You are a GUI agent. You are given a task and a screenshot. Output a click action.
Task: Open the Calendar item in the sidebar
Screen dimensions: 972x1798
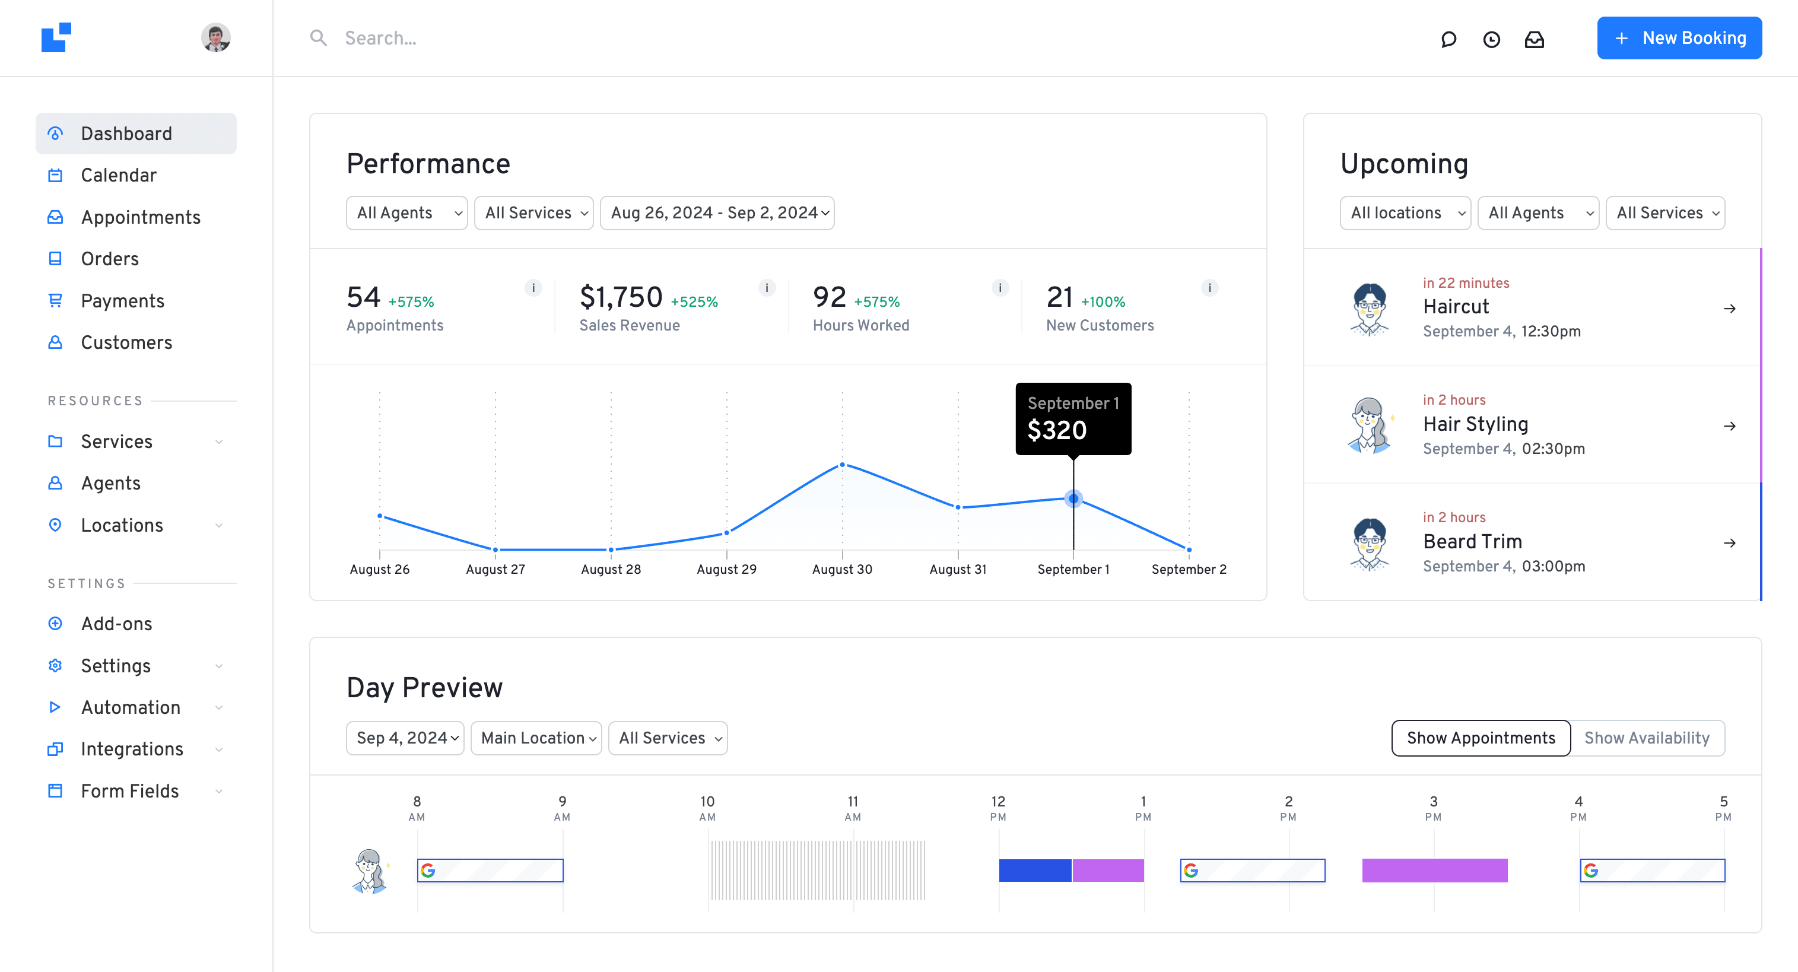click(x=119, y=175)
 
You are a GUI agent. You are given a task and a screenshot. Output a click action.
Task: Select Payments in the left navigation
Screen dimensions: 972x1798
click(x=122, y=301)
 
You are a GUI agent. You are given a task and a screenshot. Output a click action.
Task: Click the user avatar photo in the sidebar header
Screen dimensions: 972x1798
click(x=215, y=37)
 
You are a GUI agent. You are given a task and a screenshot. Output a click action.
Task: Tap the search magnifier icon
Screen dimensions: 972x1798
click(x=318, y=37)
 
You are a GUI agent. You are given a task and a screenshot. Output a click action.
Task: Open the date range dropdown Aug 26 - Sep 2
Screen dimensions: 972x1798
click(x=717, y=213)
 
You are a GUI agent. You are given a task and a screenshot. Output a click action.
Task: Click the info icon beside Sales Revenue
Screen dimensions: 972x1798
click(x=767, y=287)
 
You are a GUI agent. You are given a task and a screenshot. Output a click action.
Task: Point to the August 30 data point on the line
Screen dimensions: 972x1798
click(x=843, y=465)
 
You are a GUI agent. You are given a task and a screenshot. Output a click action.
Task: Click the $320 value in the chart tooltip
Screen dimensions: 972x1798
click(x=1057, y=431)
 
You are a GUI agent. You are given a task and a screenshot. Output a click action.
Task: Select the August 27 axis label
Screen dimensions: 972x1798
click(x=495, y=570)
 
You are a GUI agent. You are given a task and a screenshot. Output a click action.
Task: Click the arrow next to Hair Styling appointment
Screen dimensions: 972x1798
click(x=1730, y=425)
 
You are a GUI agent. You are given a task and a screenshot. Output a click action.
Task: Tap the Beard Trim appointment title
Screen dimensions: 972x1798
click(x=1472, y=541)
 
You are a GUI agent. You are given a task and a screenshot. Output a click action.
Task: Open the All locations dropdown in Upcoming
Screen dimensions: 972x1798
click(x=1405, y=213)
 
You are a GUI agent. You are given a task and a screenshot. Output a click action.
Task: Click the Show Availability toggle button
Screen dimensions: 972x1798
click(x=1647, y=738)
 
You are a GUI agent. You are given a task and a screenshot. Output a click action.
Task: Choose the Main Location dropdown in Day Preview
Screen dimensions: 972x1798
click(x=536, y=738)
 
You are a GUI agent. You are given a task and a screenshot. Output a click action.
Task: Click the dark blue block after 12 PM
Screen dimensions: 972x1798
click(x=1034, y=870)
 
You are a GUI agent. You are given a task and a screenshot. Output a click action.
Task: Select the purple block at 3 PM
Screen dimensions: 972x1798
click(x=1434, y=870)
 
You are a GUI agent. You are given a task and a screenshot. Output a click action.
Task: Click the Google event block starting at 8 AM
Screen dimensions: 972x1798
click(x=490, y=870)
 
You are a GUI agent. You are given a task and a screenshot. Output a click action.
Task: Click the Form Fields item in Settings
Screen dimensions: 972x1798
click(x=130, y=790)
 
